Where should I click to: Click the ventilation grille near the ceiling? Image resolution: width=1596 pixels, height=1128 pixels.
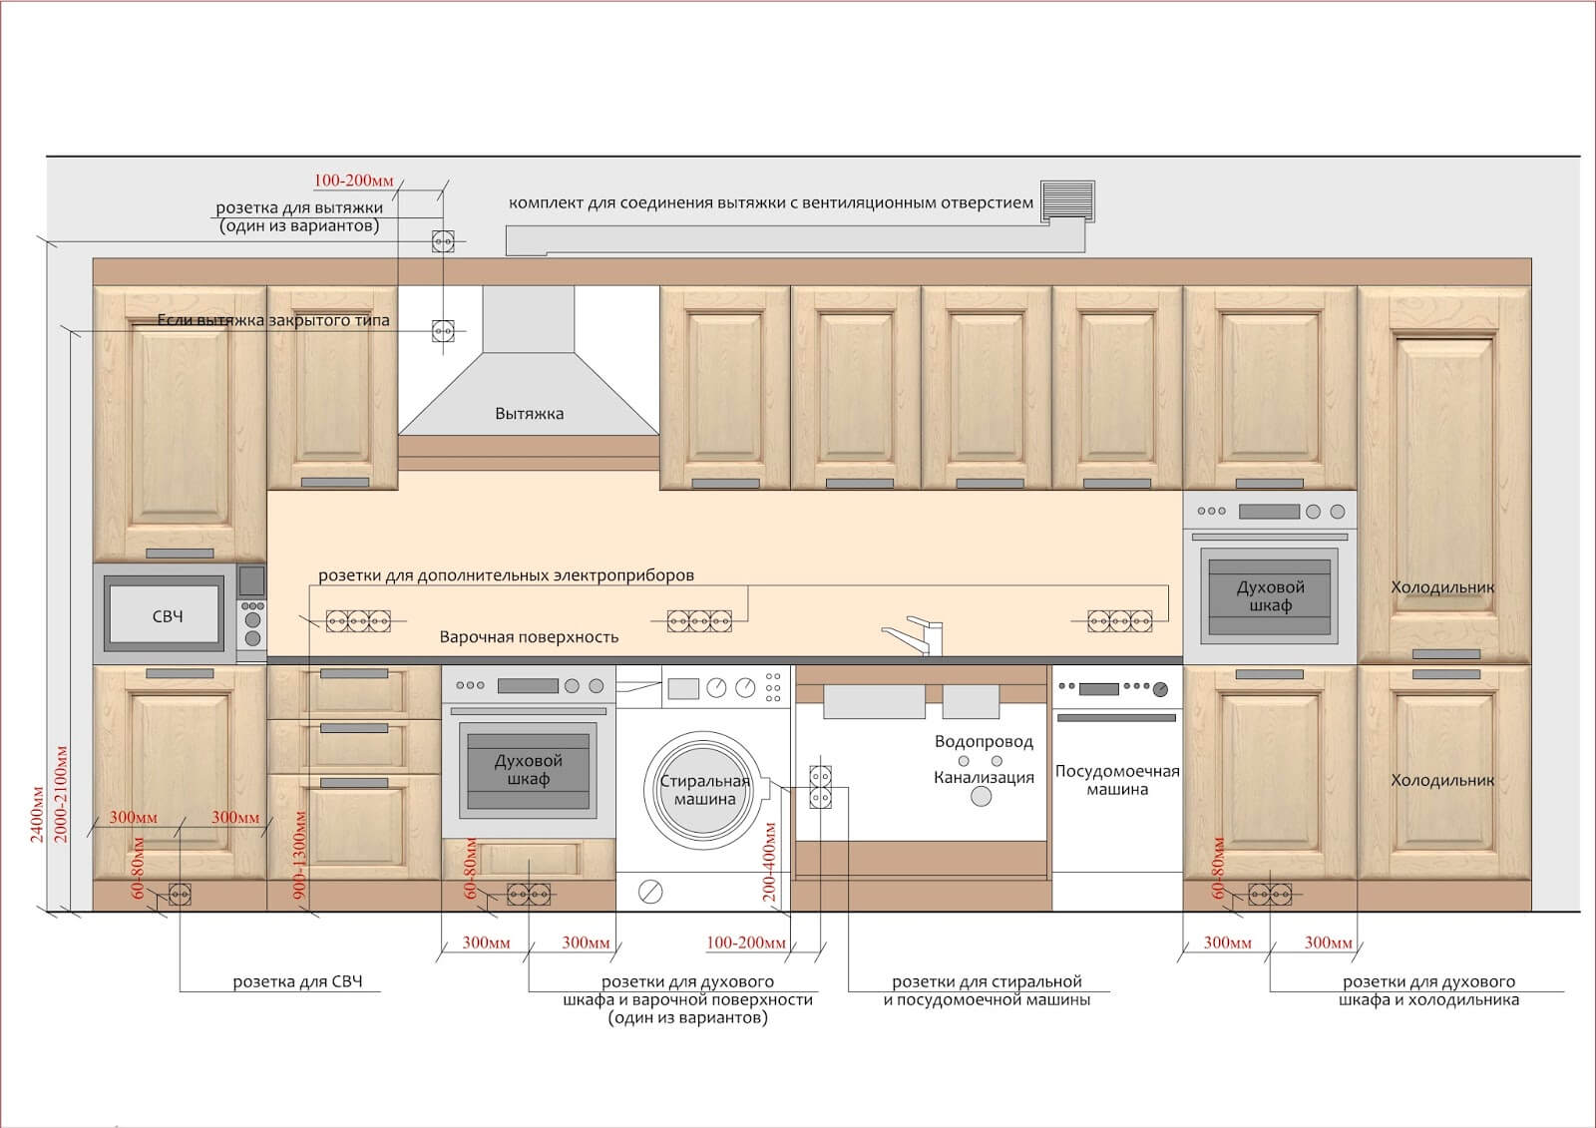1067,200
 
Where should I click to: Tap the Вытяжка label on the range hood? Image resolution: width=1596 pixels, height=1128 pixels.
530,413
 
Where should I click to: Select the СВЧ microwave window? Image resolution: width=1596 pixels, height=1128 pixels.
165,615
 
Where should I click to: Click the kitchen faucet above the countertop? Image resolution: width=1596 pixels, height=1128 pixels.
914,635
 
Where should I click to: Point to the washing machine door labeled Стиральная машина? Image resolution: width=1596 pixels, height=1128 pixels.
704,790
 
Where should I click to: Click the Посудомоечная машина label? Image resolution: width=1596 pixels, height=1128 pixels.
1117,780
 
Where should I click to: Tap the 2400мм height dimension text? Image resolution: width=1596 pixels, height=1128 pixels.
37,815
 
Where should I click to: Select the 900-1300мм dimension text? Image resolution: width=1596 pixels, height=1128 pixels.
299,855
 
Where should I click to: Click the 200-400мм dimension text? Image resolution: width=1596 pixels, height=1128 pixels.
769,862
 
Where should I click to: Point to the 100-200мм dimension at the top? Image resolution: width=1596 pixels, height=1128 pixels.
353,181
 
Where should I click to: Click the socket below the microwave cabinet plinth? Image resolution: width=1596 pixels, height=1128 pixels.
180,894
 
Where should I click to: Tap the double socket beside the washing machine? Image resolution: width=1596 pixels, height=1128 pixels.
820,787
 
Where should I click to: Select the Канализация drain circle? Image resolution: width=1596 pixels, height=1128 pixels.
982,796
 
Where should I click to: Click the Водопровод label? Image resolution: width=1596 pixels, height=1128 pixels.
984,742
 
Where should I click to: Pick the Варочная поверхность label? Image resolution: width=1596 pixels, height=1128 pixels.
529,637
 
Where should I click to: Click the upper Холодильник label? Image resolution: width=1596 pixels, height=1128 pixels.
1442,587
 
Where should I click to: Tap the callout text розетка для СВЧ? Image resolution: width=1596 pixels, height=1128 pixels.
298,981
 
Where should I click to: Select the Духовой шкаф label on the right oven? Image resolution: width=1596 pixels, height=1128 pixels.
1271,595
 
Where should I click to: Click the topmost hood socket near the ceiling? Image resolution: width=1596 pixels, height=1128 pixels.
443,241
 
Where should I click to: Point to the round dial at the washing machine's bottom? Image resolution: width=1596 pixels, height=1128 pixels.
650,892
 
